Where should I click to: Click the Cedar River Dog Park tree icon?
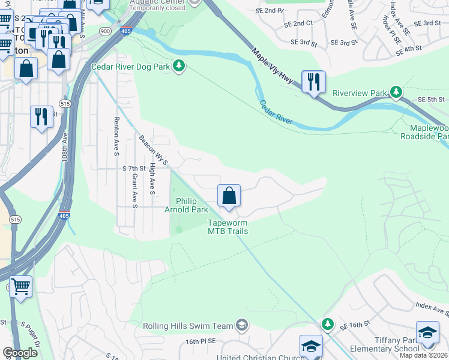tap(178, 65)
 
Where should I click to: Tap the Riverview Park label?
tap(360, 94)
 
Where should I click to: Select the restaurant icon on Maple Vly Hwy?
tap(313, 83)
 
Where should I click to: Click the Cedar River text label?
tap(276, 112)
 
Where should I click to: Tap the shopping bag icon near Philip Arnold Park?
tap(229, 196)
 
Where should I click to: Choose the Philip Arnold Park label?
tap(187, 205)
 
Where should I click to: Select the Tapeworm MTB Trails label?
tap(228, 226)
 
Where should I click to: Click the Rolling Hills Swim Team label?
tap(188, 326)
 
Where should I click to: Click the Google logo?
tap(20, 353)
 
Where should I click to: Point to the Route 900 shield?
tap(106, 31)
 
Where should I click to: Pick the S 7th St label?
tap(134, 169)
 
